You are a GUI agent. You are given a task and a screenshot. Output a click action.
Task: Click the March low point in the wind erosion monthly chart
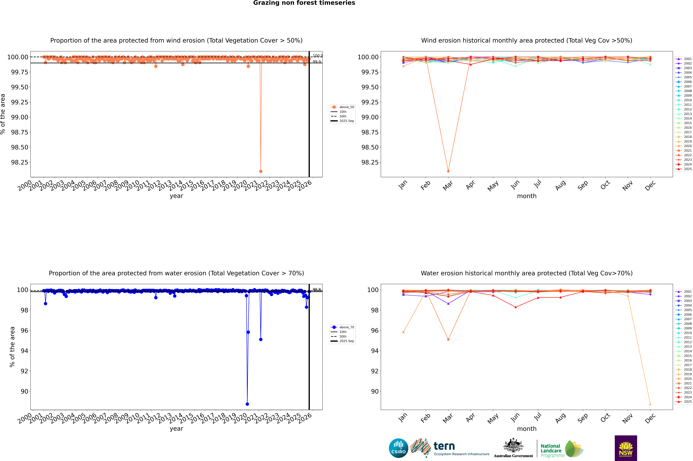[448, 171]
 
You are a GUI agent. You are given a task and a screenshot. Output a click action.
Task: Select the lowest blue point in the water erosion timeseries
[247, 404]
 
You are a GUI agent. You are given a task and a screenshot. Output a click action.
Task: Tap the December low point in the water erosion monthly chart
[650, 404]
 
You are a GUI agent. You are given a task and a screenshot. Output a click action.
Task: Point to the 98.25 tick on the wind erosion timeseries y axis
[20, 162]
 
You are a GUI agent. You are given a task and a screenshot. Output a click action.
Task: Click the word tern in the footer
[444, 446]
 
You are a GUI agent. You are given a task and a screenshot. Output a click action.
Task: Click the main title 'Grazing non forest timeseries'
[304, 3]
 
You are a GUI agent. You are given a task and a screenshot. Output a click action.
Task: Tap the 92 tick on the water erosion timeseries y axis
[24, 371]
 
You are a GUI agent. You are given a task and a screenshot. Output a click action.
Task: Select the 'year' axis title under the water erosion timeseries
[176, 429]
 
